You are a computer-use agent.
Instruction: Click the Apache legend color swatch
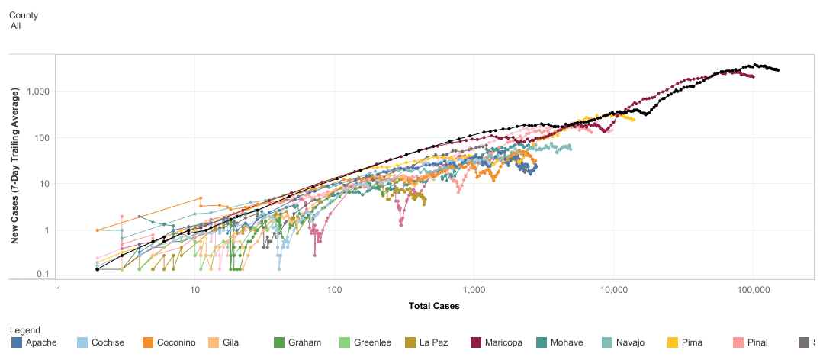point(17,342)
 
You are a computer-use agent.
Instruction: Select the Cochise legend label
point(108,342)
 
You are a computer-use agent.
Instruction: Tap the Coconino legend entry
point(169,342)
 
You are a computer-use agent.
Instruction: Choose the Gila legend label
point(230,342)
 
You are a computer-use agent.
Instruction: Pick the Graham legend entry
point(297,342)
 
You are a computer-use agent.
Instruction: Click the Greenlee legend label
point(373,342)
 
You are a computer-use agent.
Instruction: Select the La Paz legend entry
point(429,342)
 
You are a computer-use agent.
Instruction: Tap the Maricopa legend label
point(504,342)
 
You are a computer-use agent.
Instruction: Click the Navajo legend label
point(630,342)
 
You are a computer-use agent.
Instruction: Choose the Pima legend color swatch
point(673,342)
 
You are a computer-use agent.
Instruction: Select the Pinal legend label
point(757,342)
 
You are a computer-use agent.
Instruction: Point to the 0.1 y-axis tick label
point(44,273)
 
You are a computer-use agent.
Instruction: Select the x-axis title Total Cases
point(434,306)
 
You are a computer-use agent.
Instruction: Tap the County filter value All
point(16,26)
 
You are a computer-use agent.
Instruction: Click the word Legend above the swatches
point(24,330)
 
